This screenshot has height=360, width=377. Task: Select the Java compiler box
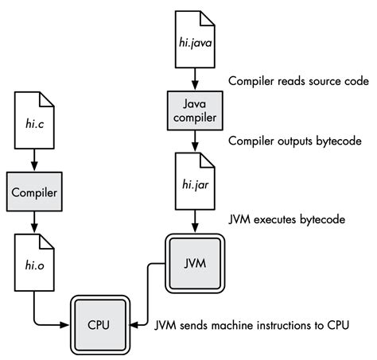tap(194, 110)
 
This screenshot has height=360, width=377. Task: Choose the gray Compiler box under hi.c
tap(34, 192)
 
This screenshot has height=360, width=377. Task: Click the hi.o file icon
tap(34, 261)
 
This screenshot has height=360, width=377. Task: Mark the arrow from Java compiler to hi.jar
tap(194, 142)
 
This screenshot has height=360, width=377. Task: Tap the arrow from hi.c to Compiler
tap(34, 160)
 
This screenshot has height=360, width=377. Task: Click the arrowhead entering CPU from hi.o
tap(68, 324)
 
